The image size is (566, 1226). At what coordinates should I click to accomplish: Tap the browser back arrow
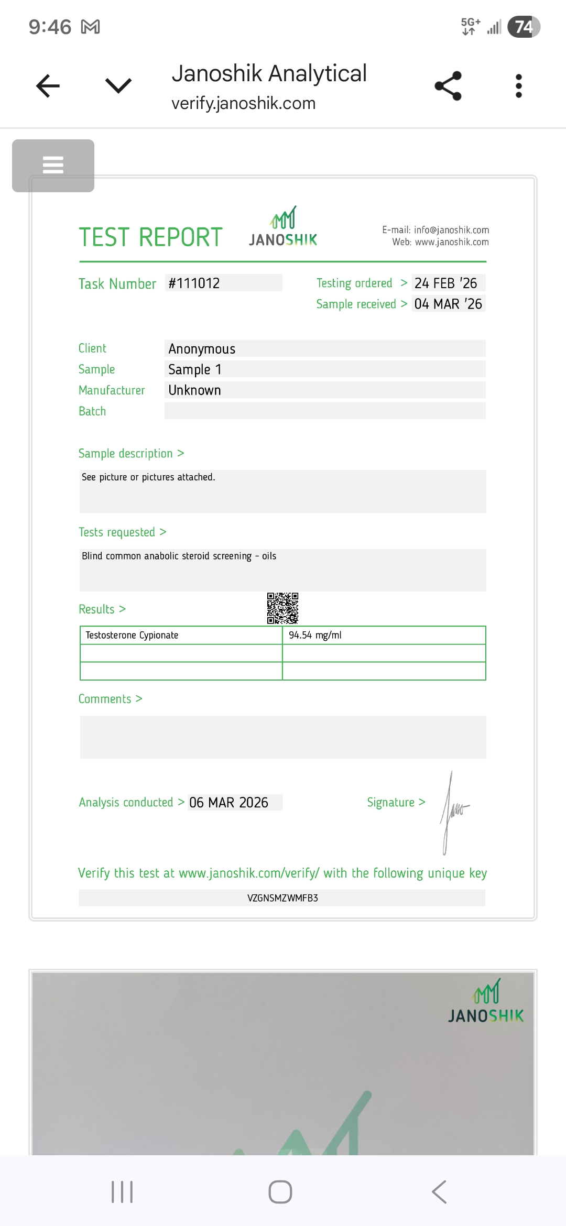pos(48,86)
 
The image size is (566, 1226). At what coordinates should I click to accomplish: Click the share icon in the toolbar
pos(448,86)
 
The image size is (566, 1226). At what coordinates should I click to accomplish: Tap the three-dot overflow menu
pos(518,86)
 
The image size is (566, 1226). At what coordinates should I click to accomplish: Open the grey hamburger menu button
pos(53,166)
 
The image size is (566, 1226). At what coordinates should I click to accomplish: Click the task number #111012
pos(194,283)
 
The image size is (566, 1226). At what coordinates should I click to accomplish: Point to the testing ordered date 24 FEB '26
pos(446,283)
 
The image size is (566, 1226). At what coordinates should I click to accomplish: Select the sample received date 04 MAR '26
pos(448,304)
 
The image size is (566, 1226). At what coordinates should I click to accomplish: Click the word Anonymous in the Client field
pos(202,349)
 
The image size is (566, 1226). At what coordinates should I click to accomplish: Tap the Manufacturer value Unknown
pos(194,390)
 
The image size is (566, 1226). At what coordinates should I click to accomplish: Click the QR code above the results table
pos(282,608)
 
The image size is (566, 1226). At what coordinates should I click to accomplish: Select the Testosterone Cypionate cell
pos(132,635)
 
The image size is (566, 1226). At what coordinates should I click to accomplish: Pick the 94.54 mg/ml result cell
pos(315,635)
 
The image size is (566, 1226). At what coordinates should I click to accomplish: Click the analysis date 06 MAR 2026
pos(228,803)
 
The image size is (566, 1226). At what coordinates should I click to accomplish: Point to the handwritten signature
pos(454,812)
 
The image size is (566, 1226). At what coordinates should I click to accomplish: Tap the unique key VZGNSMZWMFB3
pos(282,898)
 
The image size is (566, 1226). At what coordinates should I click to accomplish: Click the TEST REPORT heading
pos(150,237)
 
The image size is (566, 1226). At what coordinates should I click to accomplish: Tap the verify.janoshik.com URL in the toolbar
pos(243,103)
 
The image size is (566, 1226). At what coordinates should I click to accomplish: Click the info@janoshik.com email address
pos(451,230)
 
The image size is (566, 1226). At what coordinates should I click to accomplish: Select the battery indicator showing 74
pos(524,27)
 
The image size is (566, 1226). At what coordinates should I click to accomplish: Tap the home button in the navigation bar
pos(280,1192)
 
